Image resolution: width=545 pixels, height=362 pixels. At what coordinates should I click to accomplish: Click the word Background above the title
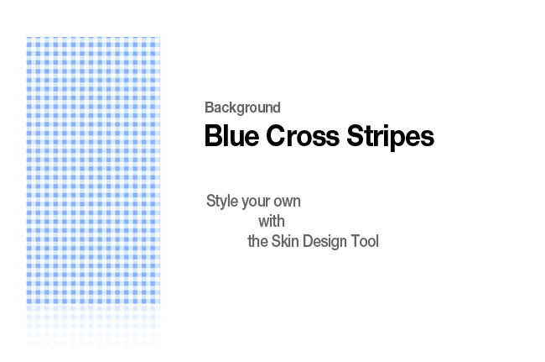(242, 108)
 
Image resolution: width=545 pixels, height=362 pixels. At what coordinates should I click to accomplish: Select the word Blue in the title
(231, 135)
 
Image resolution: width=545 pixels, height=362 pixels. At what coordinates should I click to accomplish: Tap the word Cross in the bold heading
(303, 135)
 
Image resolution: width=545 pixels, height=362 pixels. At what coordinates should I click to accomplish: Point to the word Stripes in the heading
(391, 136)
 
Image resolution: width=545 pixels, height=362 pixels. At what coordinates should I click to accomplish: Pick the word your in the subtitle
(256, 202)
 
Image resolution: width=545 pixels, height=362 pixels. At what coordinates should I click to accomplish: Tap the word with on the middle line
(272, 221)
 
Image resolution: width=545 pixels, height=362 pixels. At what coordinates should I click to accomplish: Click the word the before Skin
(257, 241)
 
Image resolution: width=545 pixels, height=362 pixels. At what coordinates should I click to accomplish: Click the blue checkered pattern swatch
(93, 171)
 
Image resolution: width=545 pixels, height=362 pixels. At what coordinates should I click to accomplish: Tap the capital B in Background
(209, 108)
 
